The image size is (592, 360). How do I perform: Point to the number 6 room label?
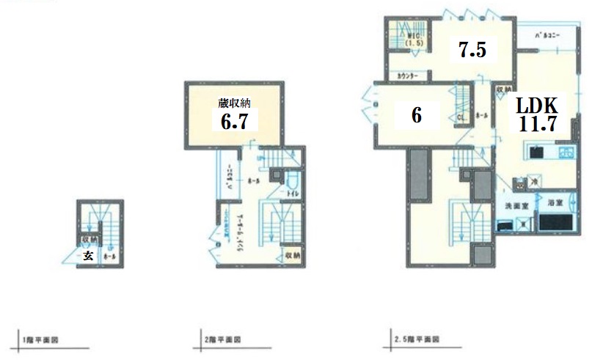[x=416, y=117]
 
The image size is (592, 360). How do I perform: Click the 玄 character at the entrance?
[x=87, y=255]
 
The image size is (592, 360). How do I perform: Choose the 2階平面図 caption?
[x=222, y=340]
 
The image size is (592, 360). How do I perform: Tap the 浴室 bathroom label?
[x=555, y=202]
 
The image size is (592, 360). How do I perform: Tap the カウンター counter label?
[x=407, y=76]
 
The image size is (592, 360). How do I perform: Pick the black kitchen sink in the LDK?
[x=536, y=153]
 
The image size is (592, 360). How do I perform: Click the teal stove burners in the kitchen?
[x=566, y=153]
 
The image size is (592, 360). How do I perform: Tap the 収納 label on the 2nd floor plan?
[x=292, y=255]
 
